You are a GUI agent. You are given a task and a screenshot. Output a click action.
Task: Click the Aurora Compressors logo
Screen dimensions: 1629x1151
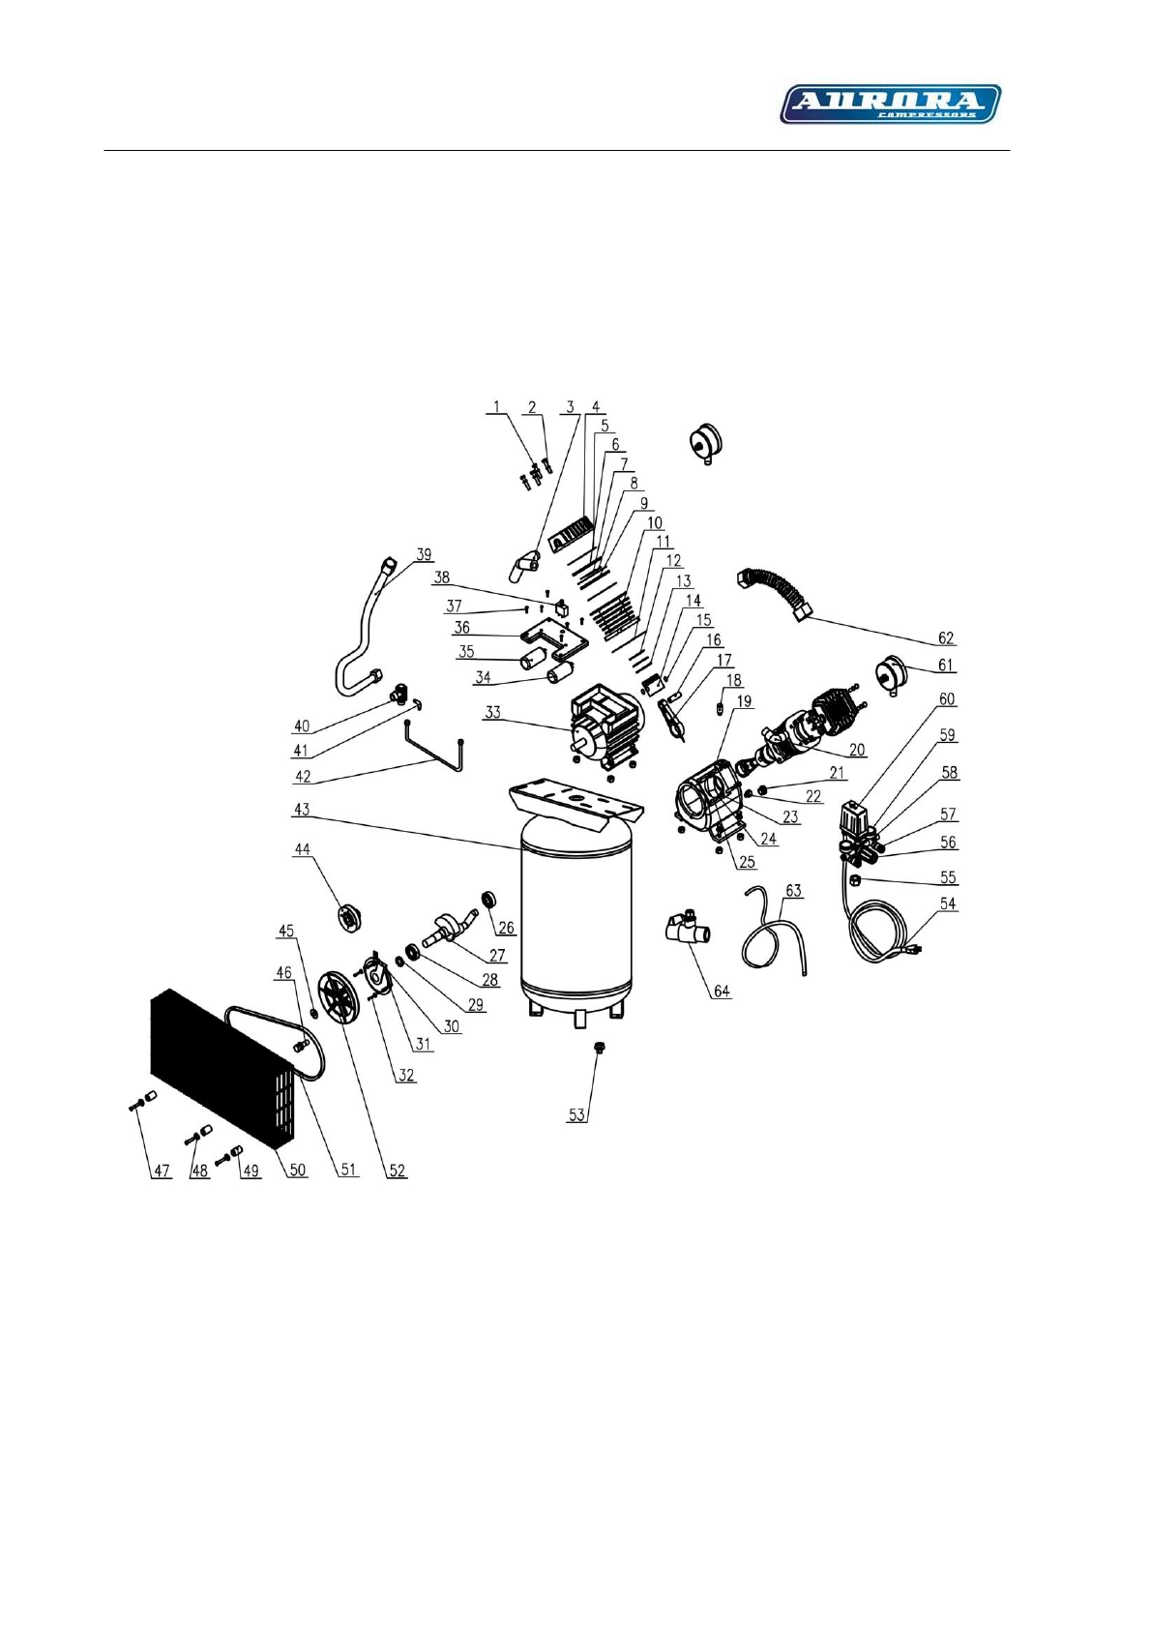tap(890, 104)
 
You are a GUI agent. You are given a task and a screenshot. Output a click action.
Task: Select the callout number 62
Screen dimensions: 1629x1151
tap(946, 637)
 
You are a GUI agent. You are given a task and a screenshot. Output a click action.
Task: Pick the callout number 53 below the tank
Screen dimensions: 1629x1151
tap(576, 1114)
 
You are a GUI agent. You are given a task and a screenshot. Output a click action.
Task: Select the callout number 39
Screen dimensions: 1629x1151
tap(424, 555)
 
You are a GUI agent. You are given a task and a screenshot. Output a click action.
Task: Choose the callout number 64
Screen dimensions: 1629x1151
tap(722, 991)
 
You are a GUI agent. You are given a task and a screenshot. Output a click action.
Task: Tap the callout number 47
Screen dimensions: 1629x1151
tap(161, 1170)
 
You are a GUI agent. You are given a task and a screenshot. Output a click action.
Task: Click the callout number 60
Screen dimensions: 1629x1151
tap(946, 698)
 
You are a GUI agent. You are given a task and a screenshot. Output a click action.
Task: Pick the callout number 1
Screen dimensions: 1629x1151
tap(497, 407)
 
